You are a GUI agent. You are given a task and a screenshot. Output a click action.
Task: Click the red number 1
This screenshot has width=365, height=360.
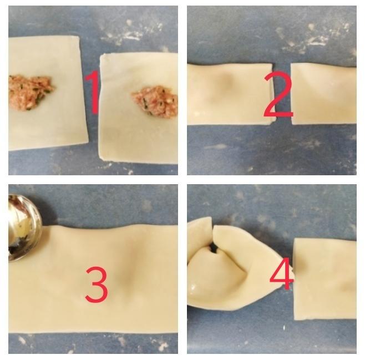pos(94,93)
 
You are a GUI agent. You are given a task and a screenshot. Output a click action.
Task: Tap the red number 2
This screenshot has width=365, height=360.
pos(278,94)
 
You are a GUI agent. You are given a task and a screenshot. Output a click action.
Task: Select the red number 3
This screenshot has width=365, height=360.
pos(97,285)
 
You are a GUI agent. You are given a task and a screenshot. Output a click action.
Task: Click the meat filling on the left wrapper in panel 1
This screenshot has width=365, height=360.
pos(30,93)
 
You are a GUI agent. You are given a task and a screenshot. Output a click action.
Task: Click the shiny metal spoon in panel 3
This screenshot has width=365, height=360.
pos(24,227)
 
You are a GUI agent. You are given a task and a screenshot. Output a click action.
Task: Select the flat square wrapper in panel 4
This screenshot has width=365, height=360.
pos(325,279)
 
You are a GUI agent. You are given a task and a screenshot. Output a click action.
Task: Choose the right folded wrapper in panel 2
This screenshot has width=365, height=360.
pos(323,94)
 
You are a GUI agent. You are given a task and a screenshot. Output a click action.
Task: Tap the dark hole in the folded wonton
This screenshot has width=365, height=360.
pos(214,249)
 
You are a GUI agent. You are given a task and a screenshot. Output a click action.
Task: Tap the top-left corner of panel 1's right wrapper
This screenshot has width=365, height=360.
pos(101,55)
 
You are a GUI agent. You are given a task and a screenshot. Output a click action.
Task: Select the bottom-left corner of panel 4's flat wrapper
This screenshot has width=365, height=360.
pos(295,320)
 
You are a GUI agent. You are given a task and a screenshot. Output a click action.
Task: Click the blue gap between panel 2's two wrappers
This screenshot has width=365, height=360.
pos(283,94)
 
